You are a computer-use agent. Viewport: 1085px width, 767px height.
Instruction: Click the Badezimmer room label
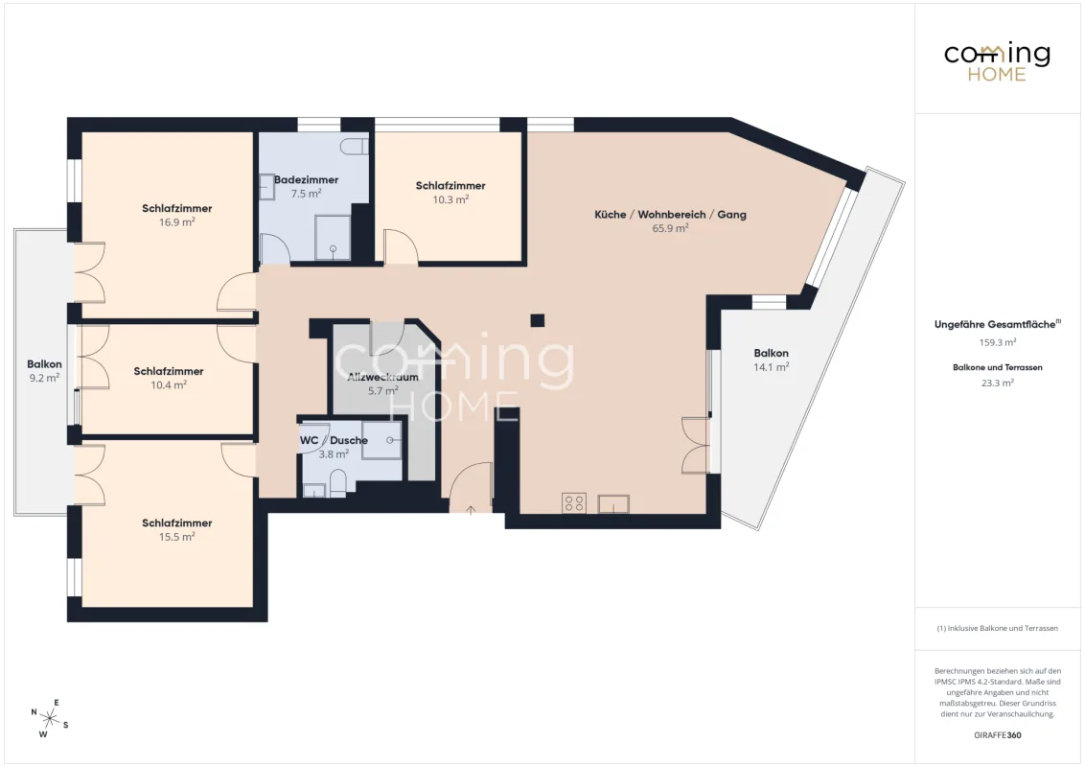[306, 180]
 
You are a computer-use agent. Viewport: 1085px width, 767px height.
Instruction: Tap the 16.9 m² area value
[176, 222]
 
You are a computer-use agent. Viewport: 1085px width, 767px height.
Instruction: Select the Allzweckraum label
[382, 378]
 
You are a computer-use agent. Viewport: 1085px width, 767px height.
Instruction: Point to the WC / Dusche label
[334, 440]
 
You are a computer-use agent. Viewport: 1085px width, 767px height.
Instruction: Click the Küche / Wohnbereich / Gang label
[670, 215]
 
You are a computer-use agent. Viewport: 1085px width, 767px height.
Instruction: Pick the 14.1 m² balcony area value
[771, 367]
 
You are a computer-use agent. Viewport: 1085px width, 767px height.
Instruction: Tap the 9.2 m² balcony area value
[44, 378]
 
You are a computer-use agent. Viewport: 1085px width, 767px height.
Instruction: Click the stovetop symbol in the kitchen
[574, 502]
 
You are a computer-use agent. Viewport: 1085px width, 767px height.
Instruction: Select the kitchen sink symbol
[613, 503]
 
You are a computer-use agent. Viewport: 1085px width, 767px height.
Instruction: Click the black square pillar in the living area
[537, 320]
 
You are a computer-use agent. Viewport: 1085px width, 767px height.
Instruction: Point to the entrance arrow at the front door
[471, 511]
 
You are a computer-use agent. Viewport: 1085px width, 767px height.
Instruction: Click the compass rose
[49, 718]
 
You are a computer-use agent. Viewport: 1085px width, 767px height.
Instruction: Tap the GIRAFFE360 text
[997, 735]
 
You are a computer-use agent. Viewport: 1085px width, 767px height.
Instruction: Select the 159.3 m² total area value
[997, 342]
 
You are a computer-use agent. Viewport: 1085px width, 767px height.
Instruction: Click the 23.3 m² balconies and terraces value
[997, 383]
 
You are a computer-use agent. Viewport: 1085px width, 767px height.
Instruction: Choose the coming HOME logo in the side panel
[997, 62]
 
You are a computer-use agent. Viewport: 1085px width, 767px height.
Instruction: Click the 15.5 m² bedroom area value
[176, 537]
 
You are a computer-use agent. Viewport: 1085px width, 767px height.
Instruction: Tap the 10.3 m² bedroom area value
[450, 199]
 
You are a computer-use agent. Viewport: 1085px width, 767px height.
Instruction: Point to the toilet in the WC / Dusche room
[337, 483]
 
